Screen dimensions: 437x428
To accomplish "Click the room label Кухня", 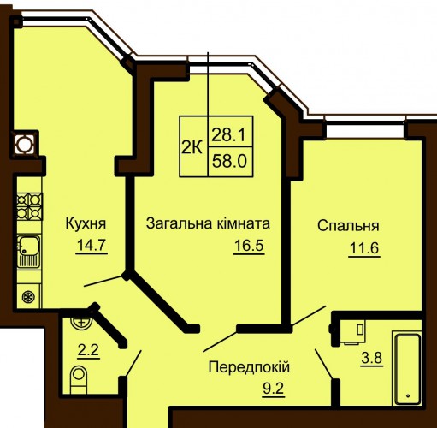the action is [x=86, y=224].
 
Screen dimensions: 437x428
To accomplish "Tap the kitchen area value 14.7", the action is [x=92, y=245].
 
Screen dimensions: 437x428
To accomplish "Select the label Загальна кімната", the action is [x=208, y=223].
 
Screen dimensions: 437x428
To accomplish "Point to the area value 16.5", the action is [x=249, y=246].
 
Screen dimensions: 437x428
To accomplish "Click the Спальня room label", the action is [x=348, y=226].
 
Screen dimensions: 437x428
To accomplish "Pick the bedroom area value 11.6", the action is [x=364, y=248].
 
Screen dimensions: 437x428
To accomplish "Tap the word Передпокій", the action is [x=249, y=367].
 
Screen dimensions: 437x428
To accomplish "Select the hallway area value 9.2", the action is [x=274, y=389].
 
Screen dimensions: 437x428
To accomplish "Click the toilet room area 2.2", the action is [x=88, y=350].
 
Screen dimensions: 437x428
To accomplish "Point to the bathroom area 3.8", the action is [x=372, y=358].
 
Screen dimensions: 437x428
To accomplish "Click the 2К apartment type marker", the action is [x=192, y=148].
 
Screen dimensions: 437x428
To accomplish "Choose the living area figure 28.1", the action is [x=228, y=134].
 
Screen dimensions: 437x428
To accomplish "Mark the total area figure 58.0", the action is [x=229, y=162].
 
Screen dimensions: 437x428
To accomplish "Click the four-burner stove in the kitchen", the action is [x=30, y=206].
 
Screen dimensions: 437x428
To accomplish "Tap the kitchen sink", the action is [x=28, y=252].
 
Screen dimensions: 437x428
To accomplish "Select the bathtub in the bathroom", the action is [x=408, y=370].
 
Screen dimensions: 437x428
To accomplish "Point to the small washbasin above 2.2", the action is [x=81, y=323].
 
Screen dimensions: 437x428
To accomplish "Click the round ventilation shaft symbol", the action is [x=24, y=145].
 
